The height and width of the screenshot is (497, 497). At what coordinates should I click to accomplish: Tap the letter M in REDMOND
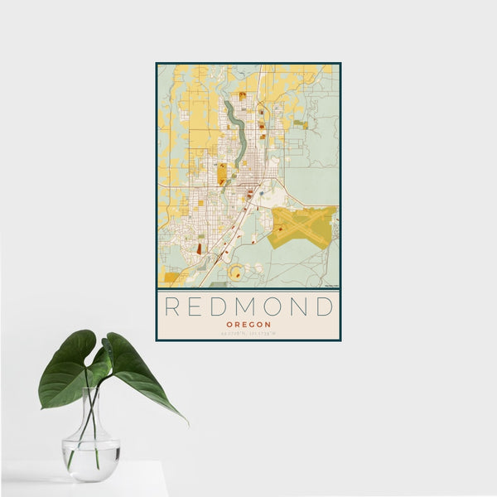(x=245, y=306)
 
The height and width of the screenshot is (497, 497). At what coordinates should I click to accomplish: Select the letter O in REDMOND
(x=273, y=306)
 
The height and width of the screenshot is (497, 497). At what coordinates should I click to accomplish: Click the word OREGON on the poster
(x=248, y=324)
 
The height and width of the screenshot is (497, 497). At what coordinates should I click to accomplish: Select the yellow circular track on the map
(x=237, y=271)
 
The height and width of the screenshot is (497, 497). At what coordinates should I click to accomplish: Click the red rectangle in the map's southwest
(x=199, y=248)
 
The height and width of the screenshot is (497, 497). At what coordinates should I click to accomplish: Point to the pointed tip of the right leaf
(x=186, y=422)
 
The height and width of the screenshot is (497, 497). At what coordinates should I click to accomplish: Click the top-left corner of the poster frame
(x=157, y=64)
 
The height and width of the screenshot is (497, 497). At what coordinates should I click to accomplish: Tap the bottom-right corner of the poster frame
(x=340, y=340)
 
